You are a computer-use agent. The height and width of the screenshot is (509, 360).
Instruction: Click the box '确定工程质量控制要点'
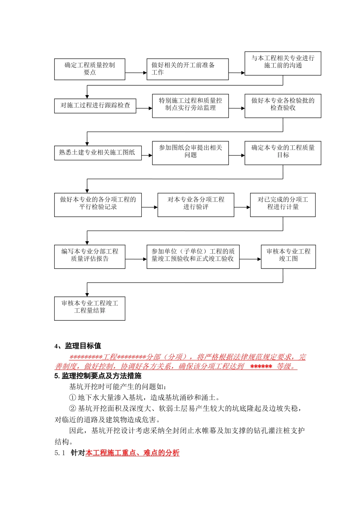[x=89, y=69]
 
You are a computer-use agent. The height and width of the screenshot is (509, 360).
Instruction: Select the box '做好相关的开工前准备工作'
[x=188, y=69]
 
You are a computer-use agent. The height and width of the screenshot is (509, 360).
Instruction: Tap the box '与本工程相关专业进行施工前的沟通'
[x=283, y=63]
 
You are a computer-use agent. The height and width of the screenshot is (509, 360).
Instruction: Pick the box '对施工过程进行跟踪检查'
[x=95, y=105]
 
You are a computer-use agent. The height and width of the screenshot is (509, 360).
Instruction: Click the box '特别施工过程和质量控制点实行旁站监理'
[x=190, y=106]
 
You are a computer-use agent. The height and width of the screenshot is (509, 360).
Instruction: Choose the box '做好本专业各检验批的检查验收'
[x=283, y=106]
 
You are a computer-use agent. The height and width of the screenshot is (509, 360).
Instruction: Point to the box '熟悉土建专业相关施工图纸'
[x=97, y=153]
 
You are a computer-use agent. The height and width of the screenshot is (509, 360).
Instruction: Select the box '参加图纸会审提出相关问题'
[x=190, y=153]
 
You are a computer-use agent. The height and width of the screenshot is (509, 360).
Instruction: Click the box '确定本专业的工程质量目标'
[x=283, y=153]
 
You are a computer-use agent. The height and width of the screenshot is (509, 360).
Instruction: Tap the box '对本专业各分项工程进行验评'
[x=196, y=205]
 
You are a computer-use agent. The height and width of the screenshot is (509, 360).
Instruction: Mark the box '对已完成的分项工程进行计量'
[x=283, y=205]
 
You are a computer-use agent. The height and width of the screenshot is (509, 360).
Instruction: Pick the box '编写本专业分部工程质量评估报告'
[x=89, y=257]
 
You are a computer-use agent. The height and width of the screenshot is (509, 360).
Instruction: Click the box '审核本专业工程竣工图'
[x=288, y=257]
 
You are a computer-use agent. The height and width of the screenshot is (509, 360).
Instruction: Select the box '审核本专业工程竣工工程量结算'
[x=89, y=309]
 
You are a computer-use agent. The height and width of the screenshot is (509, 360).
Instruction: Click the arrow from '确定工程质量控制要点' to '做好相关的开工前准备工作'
[x=136, y=73]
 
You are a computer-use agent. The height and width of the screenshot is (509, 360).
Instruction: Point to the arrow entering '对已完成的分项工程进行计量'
[x=242, y=207]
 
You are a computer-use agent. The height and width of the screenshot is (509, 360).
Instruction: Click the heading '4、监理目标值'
[x=78, y=346]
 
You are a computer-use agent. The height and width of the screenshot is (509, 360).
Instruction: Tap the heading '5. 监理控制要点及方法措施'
[x=98, y=376]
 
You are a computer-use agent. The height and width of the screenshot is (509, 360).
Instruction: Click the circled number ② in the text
[x=73, y=409]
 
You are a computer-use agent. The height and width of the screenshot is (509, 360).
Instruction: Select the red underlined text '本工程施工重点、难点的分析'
[x=132, y=453]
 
